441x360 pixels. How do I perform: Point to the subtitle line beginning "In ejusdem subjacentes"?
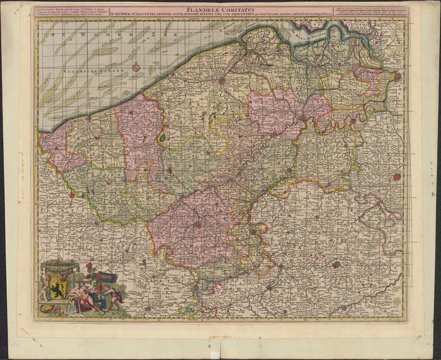tap(189, 15)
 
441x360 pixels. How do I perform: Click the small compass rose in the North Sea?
tap(136, 67)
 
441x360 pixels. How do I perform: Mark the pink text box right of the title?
tap(372, 13)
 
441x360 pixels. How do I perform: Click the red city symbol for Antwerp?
tap(397, 76)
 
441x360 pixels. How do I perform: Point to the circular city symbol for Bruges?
tap(222, 80)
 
